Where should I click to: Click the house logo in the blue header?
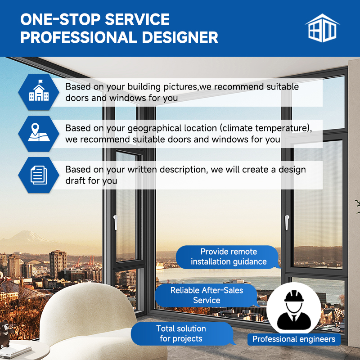click(322, 28)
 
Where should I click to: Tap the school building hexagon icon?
click(39, 92)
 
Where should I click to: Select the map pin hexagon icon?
click(39, 134)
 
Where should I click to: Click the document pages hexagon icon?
click(39, 175)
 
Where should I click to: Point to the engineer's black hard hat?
click(294, 296)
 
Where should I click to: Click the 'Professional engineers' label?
click(294, 339)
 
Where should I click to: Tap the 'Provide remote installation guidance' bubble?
click(228, 257)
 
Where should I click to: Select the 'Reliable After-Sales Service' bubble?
click(207, 296)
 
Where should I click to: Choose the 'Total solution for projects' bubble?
click(181, 333)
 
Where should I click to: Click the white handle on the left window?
click(115, 222)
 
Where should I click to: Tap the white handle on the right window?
click(287, 222)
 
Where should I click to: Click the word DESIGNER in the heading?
click(180, 37)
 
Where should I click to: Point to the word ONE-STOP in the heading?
click(60, 19)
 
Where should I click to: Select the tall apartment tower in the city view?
click(58, 264)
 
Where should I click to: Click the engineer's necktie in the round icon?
click(294, 318)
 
